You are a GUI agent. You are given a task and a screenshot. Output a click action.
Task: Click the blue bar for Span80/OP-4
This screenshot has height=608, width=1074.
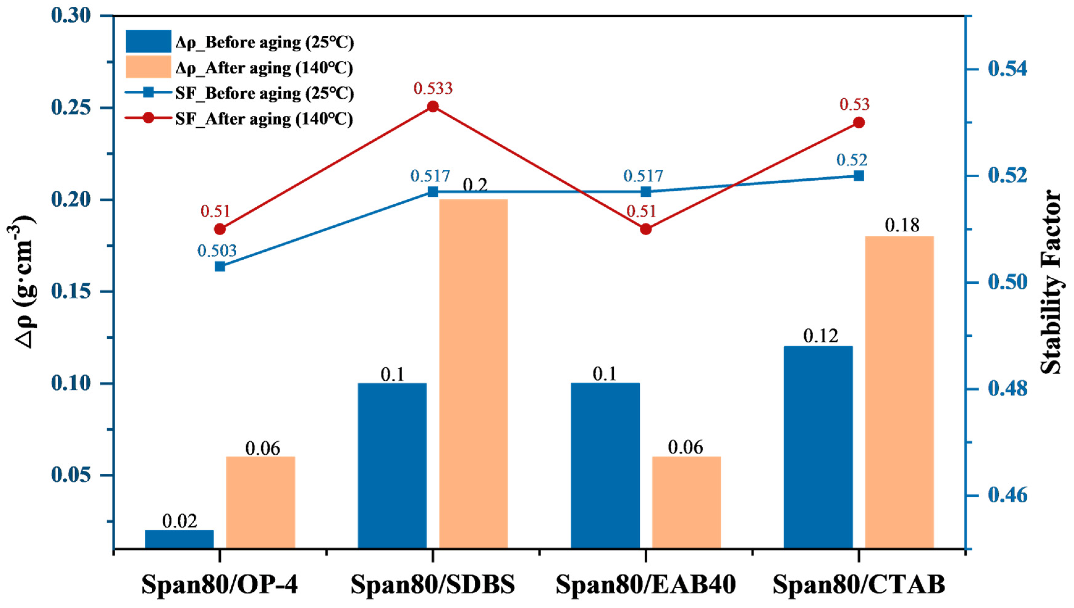pos(179,539)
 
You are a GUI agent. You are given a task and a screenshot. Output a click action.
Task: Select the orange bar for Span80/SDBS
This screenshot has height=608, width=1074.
pos(473,374)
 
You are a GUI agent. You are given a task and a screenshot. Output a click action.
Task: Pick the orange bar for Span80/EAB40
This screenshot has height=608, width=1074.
pos(686,503)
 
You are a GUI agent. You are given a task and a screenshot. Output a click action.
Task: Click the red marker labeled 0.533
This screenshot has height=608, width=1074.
pos(433,107)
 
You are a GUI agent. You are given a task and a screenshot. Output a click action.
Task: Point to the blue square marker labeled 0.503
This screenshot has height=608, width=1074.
pos(220,267)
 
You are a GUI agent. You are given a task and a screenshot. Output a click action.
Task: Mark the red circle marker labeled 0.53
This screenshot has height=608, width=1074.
pos(859,123)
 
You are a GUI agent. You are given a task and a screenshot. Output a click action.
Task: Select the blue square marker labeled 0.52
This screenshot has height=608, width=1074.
pos(859,176)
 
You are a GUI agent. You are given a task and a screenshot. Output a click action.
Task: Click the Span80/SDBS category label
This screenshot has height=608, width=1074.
pos(433,585)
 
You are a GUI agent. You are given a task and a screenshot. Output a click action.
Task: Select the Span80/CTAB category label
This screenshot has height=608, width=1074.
pos(859,585)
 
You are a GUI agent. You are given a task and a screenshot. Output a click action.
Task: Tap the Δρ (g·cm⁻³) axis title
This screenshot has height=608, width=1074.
pos(26,282)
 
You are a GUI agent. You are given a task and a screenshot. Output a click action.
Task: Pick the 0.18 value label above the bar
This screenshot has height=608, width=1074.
pos(902,225)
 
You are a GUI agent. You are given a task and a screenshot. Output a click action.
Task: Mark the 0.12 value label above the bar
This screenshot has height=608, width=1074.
pos(821,336)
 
